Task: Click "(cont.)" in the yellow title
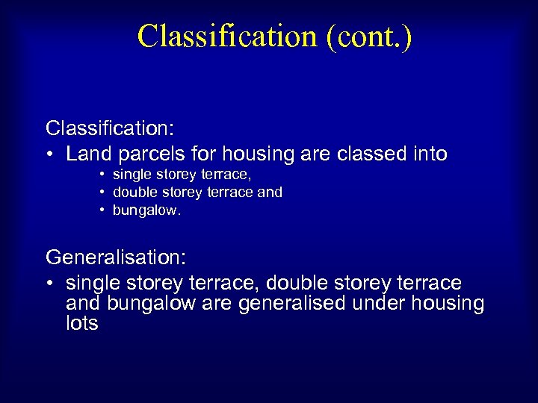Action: pos(369,36)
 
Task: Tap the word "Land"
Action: pos(87,154)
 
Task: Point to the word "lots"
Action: pos(81,324)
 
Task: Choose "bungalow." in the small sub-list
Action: pos(147,211)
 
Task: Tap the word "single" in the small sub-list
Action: pos(130,175)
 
